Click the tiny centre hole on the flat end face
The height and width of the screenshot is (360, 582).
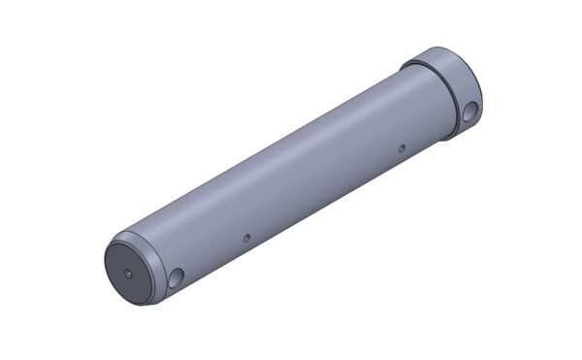click(129, 273)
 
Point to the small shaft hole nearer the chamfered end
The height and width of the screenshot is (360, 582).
click(247, 236)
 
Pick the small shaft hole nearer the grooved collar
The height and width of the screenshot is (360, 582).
click(402, 148)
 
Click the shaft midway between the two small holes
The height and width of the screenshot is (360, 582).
click(325, 192)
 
